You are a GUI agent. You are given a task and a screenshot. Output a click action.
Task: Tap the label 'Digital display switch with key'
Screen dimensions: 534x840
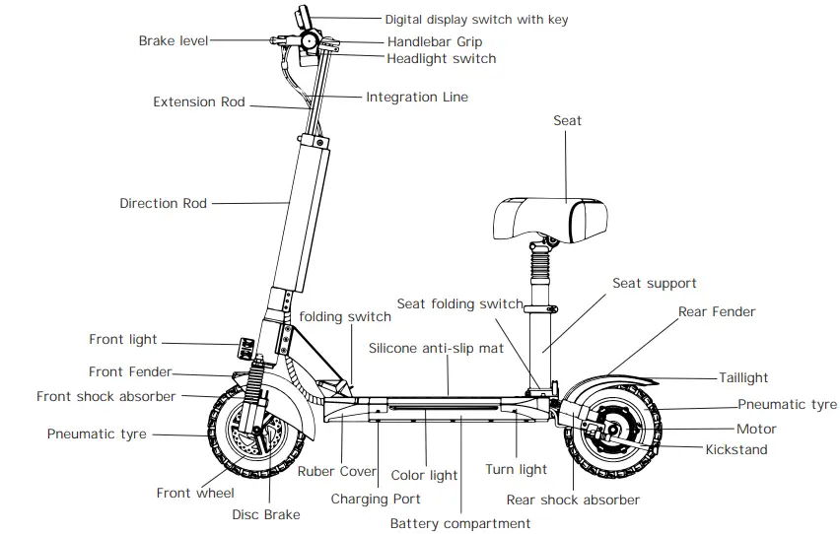[x=476, y=19]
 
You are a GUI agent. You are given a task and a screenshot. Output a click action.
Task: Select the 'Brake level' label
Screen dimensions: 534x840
[x=173, y=41]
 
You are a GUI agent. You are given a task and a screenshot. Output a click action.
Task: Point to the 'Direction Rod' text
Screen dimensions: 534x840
[x=163, y=203]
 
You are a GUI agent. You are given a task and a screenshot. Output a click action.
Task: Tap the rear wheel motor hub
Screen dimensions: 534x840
[x=611, y=430]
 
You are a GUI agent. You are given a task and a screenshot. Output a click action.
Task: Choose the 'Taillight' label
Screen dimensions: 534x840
[x=743, y=377]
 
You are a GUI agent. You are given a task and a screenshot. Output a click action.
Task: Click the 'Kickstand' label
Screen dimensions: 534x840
[x=735, y=449]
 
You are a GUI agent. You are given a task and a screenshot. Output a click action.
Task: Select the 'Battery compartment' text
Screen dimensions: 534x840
[x=460, y=523]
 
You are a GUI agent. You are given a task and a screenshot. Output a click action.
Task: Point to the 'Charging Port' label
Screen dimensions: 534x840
[x=376, y=499]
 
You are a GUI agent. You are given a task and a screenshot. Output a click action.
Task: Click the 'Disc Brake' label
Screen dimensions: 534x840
[x=266, y=514]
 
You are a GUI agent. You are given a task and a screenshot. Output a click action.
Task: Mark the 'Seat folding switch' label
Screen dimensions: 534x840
[x=459, y=303]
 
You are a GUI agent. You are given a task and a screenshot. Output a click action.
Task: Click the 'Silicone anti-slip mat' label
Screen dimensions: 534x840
[x=436, y=348]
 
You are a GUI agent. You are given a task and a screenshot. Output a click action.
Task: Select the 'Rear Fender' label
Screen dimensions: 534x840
[x=717, y=311]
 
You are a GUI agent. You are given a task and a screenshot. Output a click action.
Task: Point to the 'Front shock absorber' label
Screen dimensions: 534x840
[x=105, y=396]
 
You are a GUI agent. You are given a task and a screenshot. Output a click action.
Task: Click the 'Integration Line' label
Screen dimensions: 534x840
[x=417, y=97]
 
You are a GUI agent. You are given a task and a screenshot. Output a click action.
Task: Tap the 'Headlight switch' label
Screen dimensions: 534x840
[x=442, y=59]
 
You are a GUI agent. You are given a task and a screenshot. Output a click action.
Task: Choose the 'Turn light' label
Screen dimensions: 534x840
[x=516, y=469]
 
